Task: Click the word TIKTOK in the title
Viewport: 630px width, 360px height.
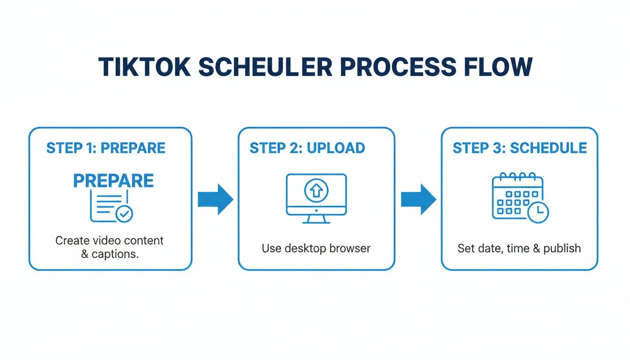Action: pos(144,67)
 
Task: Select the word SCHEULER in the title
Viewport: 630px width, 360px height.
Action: pos(265,67)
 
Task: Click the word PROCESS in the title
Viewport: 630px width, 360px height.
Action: pos(397,67)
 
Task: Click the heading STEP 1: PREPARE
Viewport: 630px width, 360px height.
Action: pos(106,148)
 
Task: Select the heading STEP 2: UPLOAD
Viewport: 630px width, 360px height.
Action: pos(307,148)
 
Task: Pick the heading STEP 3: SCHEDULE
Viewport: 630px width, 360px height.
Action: pos(519,148)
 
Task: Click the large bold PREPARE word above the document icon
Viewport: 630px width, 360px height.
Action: pos(113,181)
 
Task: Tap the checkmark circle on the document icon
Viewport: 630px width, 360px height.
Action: pos(124,214)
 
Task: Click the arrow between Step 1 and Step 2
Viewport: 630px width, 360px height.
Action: pos(215,199)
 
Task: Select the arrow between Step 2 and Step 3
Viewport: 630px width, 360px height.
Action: pos(418,199)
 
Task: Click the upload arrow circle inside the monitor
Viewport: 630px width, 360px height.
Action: pos(316,190)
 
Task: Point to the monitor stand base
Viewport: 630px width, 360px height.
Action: pos(316,222)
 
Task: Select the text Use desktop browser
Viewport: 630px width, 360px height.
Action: pos(316,248)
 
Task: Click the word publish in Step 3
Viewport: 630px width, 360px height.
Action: pos(562,248)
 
